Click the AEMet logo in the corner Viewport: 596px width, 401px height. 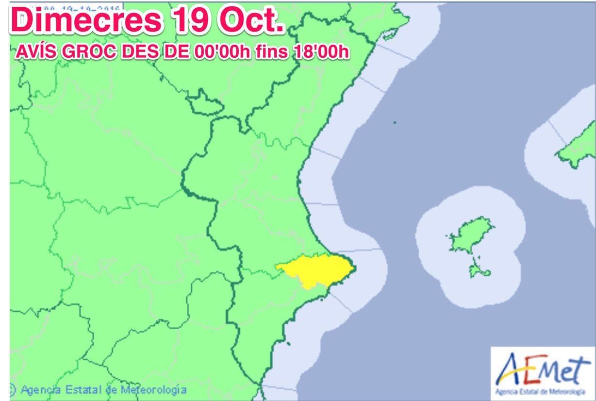[x=543, y=373]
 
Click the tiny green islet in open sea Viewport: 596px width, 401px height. [x=395, y=122]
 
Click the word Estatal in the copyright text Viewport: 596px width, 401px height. [x=86, y=389]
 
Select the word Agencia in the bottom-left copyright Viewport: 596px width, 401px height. [x=41, y=389]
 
